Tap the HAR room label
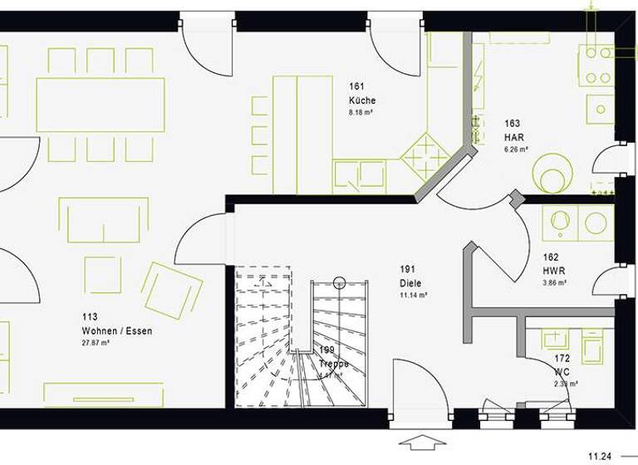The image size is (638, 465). pyautogui.click(x=513, y=138)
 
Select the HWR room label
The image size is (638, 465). pyautogui.click(x=554, y=270)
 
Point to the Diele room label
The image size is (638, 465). pyautogui.click(x=410, y=283)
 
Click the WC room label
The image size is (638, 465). pyautogui.click(x=562, y=372)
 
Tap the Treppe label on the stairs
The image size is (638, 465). pyautogui.click(x=334, y=364)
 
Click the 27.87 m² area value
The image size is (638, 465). pyautogui.click(x=97, y=342)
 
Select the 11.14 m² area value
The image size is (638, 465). pyautogui.click(x=414, y=295)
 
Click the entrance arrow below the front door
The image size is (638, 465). pyautogui.click(x=423, y=441)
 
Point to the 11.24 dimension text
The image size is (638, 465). pyautogui.click(x=601, y=456)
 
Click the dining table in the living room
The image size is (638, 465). pyautogui.click(x=101, y=105)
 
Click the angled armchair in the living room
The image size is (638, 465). pyautogui.click(x=172, y=289)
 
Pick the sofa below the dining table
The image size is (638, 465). pyautogui.click(x=104, y=220)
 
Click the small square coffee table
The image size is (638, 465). pyautogui.click(x=102, y=274)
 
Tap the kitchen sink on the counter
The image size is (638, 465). pyautogui.click(x=360, y=174)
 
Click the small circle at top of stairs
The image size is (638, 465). pyautogui.click(x=339, y=282)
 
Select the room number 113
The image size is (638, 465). pyautogui.click(x=89, y=316)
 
